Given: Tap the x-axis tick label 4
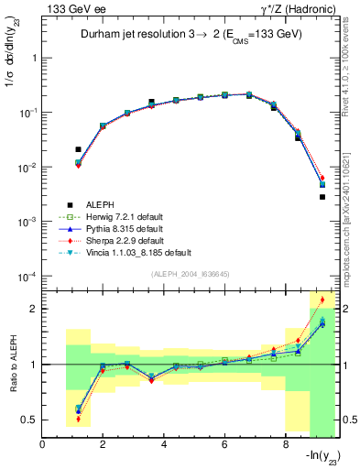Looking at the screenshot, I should (x=163, y=445).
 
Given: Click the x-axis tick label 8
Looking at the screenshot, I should (x=284, y=445).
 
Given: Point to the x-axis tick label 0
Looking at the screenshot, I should (x=43, y=445).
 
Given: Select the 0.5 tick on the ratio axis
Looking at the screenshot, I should (x=29, y=420).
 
